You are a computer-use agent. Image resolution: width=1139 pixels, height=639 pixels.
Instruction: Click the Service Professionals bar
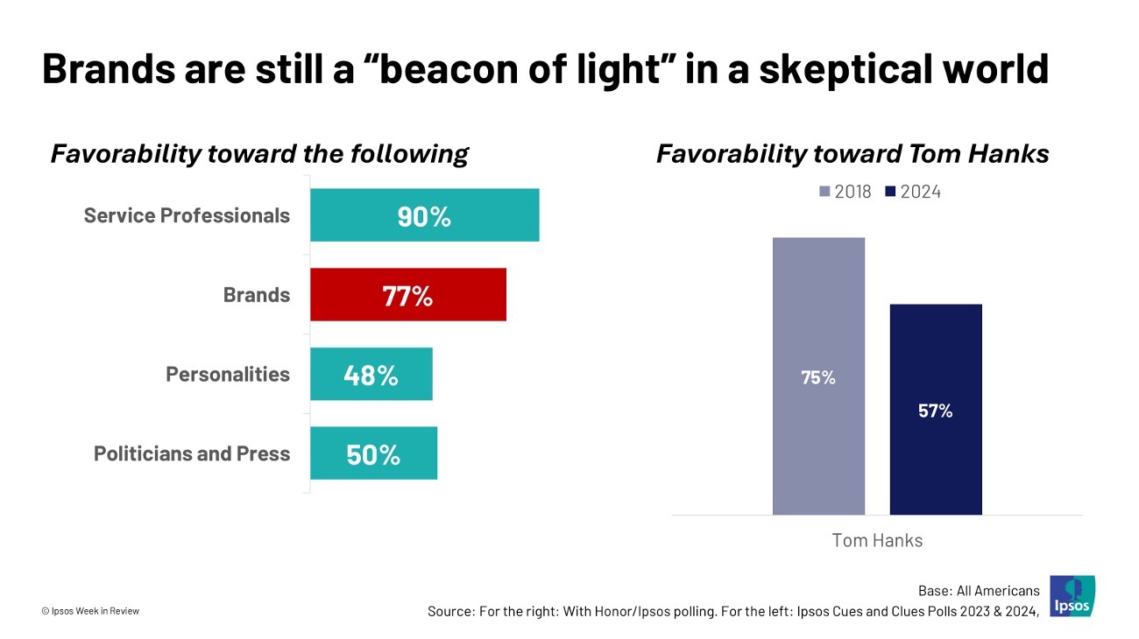coord(425,215)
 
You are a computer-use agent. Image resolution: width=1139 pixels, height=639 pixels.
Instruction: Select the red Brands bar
coord(408,295)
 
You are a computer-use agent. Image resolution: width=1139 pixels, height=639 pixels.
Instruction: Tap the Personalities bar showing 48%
coord(371,375)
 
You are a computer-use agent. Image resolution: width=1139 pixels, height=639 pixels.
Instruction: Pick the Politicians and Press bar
coord(373,453)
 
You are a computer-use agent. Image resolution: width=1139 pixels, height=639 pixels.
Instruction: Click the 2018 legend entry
coord(845,192)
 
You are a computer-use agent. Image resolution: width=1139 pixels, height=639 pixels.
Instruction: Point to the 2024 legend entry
coord(915,192)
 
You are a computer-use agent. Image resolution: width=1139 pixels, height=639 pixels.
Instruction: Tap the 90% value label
coord(424,216)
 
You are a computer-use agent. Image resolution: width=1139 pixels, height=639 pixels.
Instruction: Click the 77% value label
coord(407,296)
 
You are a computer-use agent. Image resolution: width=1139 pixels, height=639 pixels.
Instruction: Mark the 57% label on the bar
coord(936,411)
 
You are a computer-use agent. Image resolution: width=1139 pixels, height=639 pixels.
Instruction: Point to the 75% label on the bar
coord(818,378)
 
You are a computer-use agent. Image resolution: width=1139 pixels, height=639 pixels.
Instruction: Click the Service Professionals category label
coord(187,215)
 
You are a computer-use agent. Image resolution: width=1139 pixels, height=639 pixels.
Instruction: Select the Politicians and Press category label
coord(192,453)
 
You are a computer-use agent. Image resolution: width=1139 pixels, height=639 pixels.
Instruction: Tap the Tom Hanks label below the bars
coord(877,540)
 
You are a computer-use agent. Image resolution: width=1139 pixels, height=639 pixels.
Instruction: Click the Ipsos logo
coord(1072,596)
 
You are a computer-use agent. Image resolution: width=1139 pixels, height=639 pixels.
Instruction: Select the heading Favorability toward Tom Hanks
coord(852,154)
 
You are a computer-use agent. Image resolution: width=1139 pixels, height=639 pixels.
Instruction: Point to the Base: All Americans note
coord(979,590)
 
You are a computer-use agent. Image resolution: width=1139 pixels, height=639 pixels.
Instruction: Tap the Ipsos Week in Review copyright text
coord(90,611)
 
